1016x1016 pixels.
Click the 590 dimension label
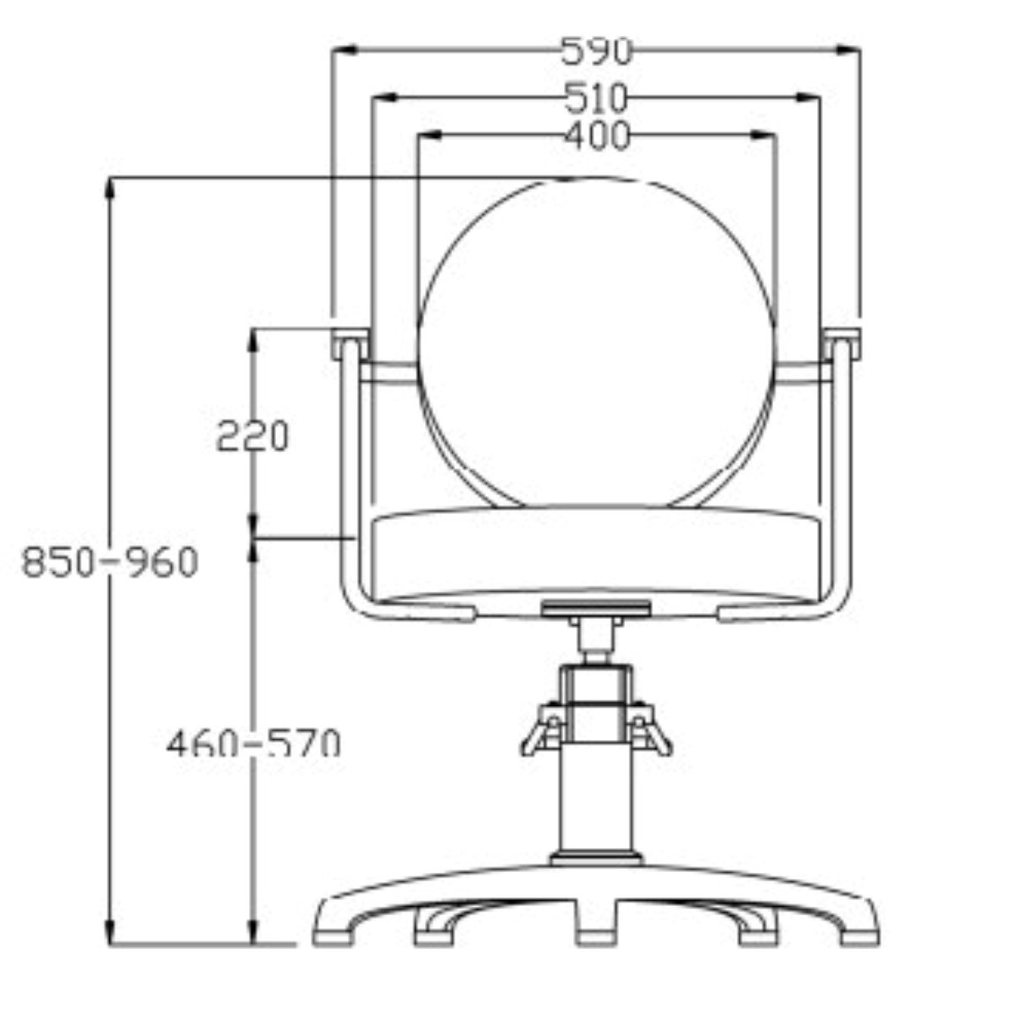click(x=596, y=51)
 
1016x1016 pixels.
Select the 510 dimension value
click(x=596, y=98)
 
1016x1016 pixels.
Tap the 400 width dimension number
click(x=597, y=135)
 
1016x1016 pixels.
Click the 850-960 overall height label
click(x=110, y=561)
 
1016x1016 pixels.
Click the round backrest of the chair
click(x=596, y=343)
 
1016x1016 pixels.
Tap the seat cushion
click(x=596, y=560)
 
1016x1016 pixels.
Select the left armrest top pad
click(x=351, y=344)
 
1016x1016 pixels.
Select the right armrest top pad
click(x=842, y=344)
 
